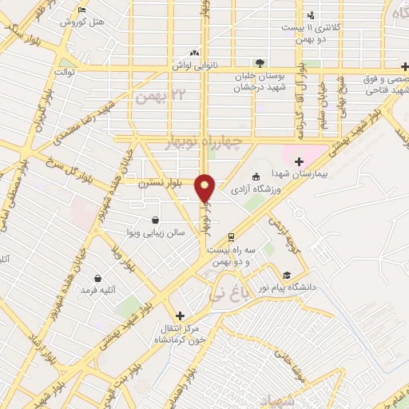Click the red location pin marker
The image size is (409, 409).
(x=206, y=187)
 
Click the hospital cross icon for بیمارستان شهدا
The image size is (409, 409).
(x=299, y=162)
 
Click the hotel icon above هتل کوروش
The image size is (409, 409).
(x=83, y=10)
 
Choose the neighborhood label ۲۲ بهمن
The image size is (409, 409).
(x=154, y=97)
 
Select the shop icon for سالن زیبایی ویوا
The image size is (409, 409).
(x=154, y=220)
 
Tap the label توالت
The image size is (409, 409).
(x=65, y=72)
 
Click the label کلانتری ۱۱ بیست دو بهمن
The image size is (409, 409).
(x=312, y=27)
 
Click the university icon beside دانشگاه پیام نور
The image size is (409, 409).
(x=287, y=273)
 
